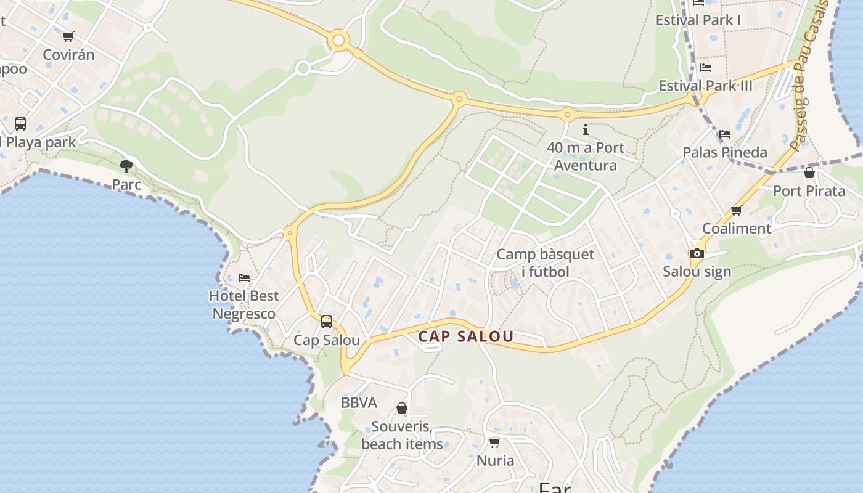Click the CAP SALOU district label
[465, 336]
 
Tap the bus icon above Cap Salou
[327, 322]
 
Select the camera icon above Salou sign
[697, 253]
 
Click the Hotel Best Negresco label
[244, 305]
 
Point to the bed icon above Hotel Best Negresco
[244, 278]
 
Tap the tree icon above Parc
[126, 166]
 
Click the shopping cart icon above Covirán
[68, 37]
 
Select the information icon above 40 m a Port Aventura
[585, 130]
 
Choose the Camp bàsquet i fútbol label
[546, 263]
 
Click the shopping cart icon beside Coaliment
[736, 211]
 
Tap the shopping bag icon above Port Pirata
[809, 173]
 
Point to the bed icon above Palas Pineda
[725, 134]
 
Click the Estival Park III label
[706, 86]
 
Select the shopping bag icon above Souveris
[402, 408]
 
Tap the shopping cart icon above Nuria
[494, 442]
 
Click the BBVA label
[359, 403]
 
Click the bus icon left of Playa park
[20, 124]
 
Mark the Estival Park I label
[698, 20]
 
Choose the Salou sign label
[697, 272]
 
